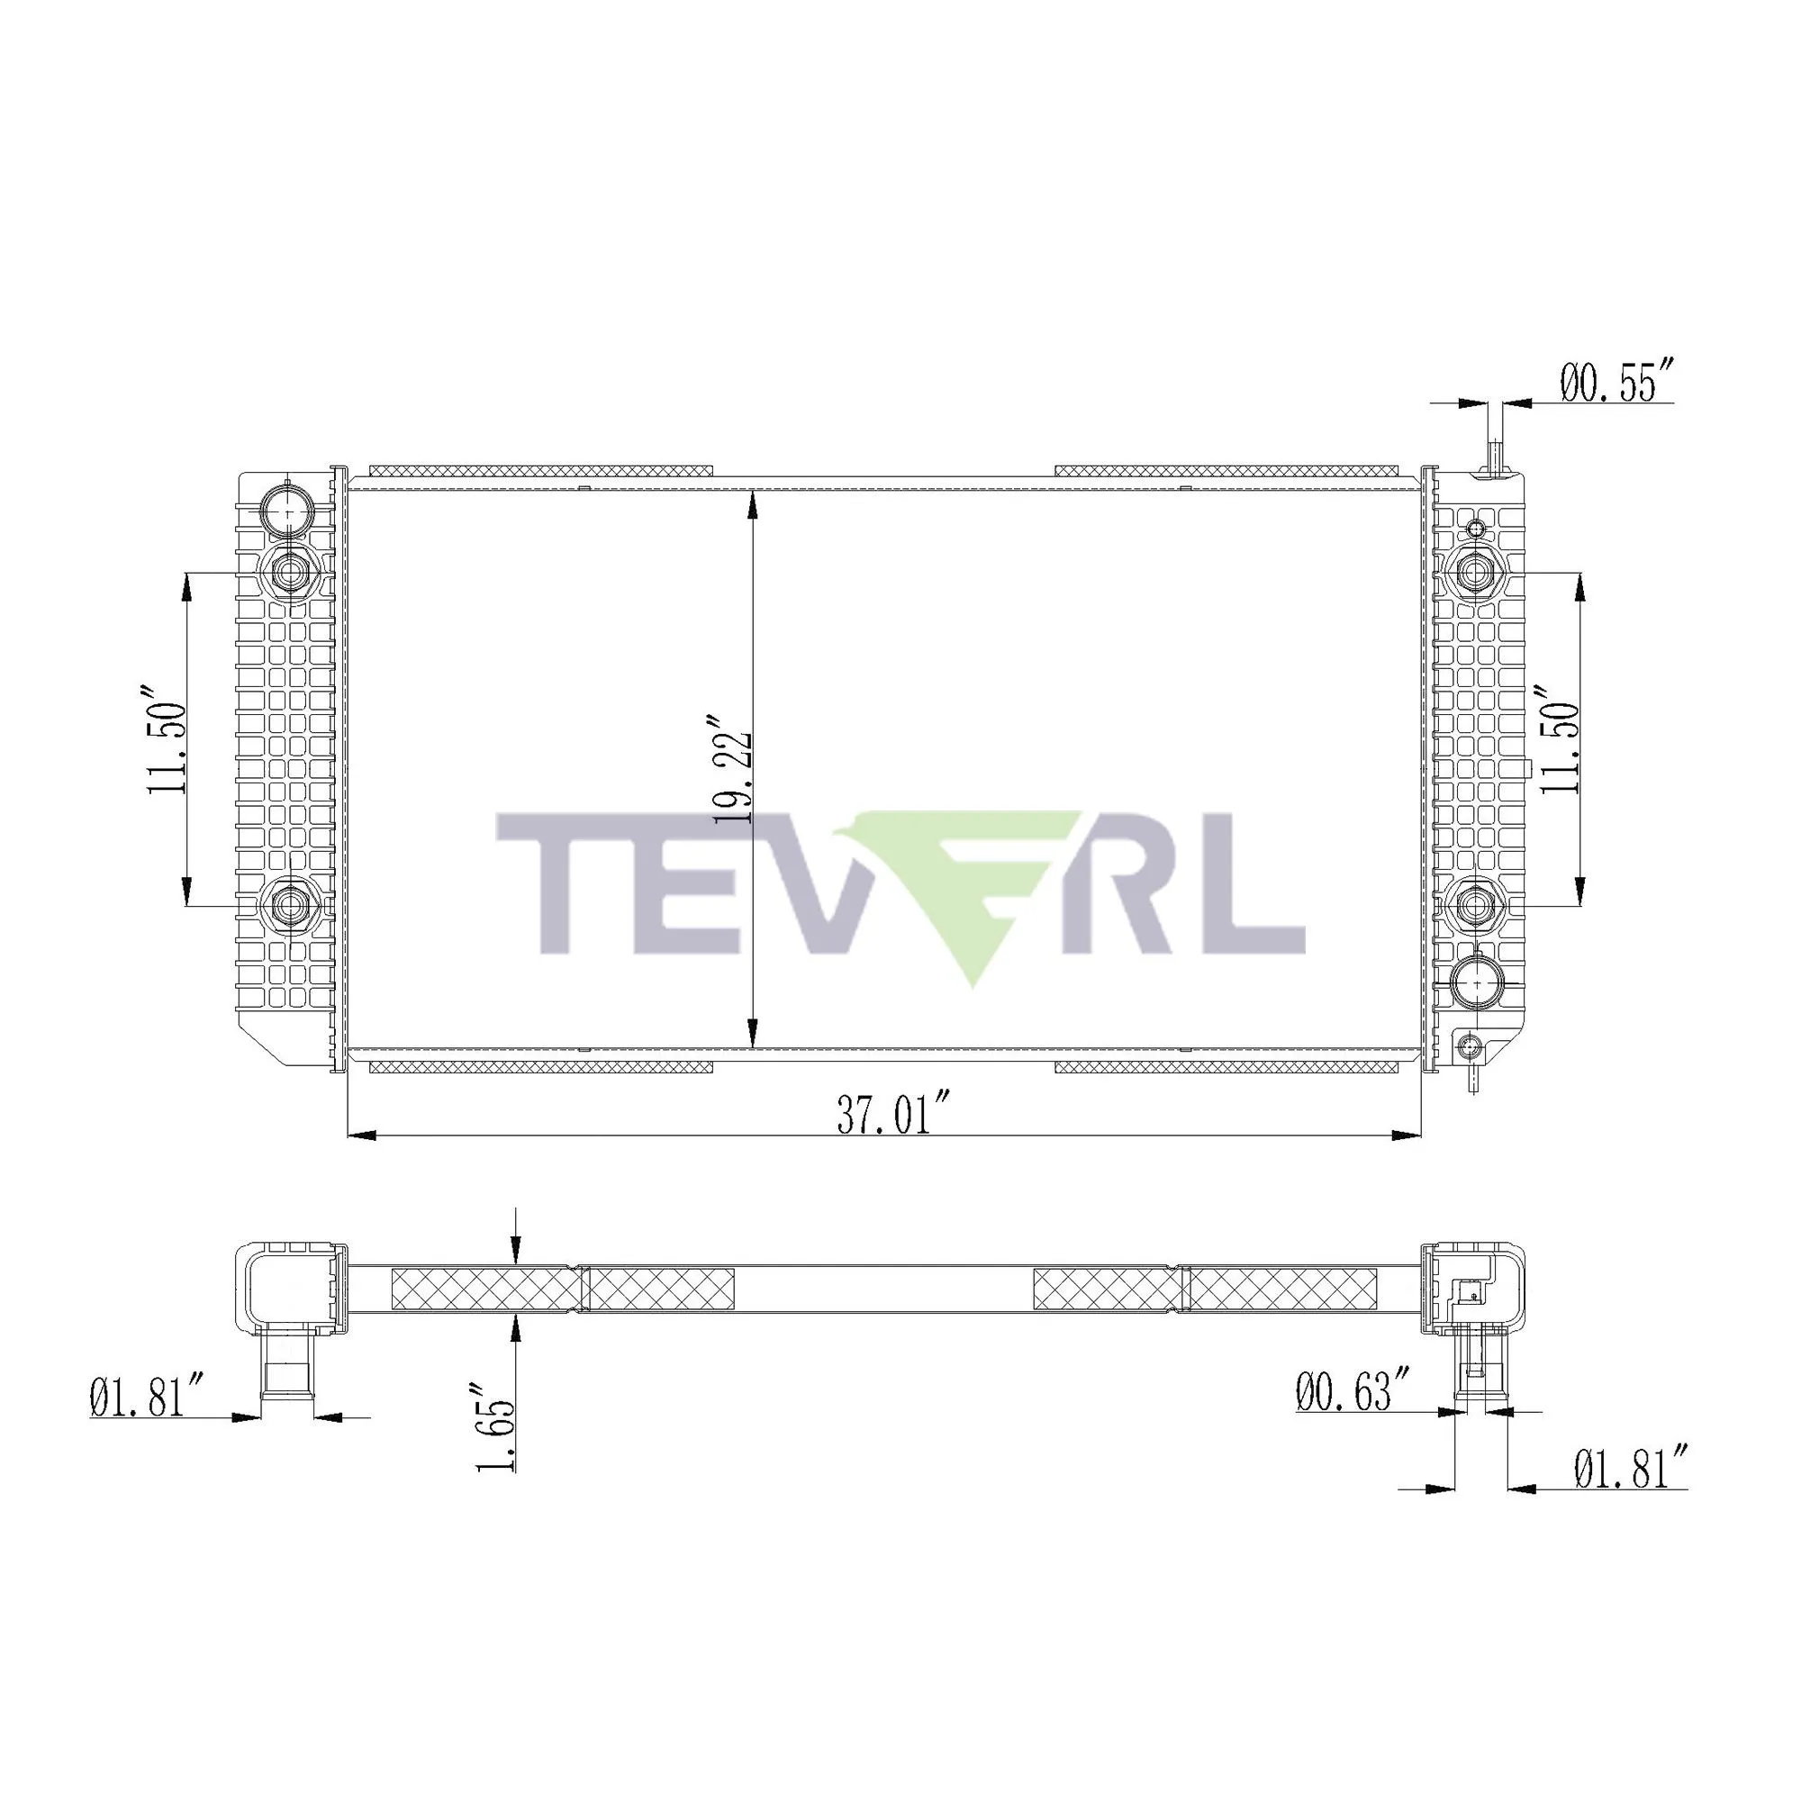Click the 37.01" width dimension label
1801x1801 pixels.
[883, 1116]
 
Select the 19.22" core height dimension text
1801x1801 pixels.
[732, 770]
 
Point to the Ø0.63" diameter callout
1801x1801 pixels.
[1352, 1419]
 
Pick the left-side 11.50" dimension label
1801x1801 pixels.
[167, 741]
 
